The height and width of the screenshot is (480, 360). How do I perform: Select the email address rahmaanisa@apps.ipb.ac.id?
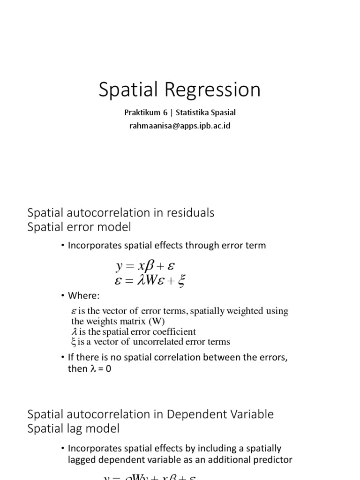click(x=180, y=126)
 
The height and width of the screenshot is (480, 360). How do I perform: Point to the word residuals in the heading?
click(x=187, y=213)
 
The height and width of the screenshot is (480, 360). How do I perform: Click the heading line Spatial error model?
click(x=80, y=227)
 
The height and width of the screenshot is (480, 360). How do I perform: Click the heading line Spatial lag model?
click(x=74, y=428)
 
